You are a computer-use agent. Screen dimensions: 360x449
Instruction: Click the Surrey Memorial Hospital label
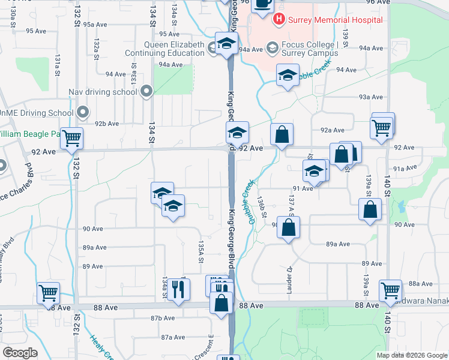tap(335, 20)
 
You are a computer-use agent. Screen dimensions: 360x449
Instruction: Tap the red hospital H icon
tap(279, 20)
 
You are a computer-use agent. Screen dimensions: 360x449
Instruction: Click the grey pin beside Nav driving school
tap(146, 92)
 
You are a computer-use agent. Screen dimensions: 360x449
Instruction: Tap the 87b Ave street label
tap(163, 318)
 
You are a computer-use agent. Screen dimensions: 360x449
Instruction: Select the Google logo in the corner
tap(20, 353)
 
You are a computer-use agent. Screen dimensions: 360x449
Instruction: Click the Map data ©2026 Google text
tap(411, 355)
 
